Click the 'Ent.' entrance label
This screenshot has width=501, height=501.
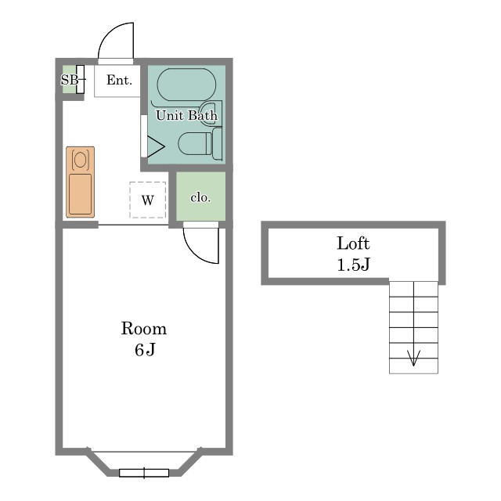(119, 80)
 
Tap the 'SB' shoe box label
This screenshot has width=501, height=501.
(70, 80)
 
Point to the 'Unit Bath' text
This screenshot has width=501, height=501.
(186, 115)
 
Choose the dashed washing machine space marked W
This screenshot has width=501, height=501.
(148, 200)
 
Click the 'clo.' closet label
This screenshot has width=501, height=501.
(200, 197)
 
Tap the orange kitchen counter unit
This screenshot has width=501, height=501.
(80, 182)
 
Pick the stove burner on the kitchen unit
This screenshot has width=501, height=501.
(80, 160)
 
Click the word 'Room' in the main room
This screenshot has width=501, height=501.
(144, 329)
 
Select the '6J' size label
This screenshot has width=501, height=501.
(145, 350)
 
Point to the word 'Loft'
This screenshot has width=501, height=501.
(353, 243)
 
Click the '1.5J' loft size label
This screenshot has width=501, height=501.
(353, 265)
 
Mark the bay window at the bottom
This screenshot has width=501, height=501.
(144, 473)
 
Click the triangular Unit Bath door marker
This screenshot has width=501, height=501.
(156, 146)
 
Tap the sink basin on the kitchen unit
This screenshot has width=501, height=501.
(80, 194)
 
